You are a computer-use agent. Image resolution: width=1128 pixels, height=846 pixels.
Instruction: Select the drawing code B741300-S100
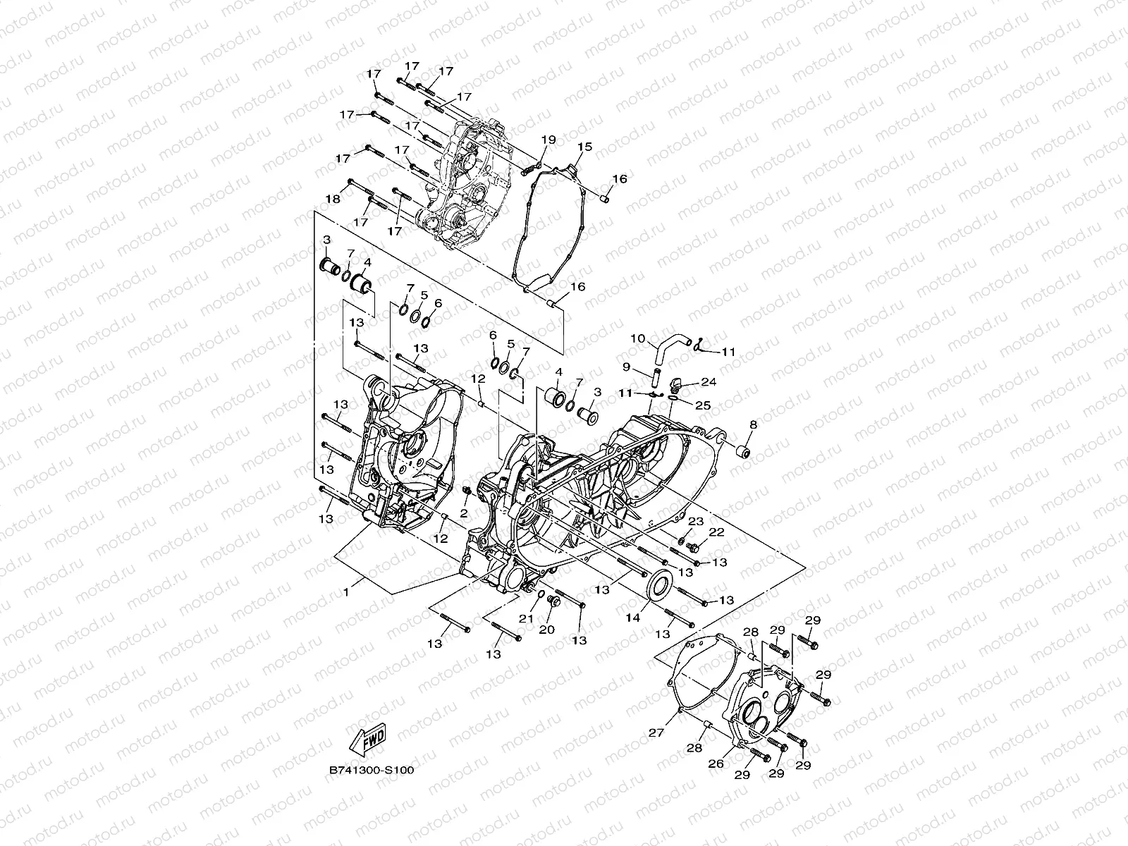coord(371,771)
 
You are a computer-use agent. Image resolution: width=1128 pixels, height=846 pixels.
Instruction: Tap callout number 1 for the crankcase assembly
coord(345,593)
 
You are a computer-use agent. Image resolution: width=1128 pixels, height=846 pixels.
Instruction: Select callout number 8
coord(753,424)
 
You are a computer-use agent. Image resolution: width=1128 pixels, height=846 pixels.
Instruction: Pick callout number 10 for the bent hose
coord(637,338)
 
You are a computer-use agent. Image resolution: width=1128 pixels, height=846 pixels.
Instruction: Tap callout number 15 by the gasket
coord(584,147)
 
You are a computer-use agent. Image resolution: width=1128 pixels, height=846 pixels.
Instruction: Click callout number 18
coord(333,199)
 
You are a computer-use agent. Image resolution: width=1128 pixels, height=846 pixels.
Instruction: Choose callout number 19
coord(549,140)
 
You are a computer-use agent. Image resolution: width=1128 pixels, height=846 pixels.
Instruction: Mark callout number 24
coord(709,382)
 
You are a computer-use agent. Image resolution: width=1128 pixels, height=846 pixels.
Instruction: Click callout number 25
coord(703,405)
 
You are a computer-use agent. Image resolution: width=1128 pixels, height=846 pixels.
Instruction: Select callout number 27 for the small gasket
coord(657,732)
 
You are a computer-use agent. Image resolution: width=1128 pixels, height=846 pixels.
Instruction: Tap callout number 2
coord(465,511)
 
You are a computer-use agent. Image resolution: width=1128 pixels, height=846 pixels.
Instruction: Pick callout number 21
coord(525,618)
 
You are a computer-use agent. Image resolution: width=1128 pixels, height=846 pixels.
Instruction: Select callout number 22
coord(716,532)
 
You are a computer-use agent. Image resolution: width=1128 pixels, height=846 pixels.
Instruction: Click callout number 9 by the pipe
coord(625,367)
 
